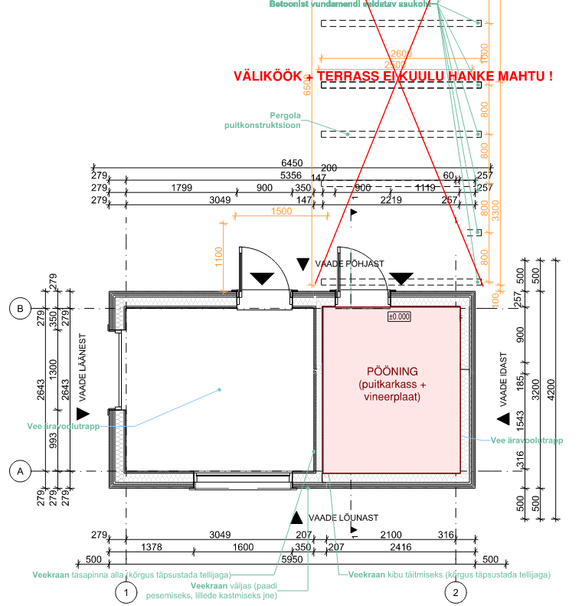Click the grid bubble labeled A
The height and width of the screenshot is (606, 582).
click(20, 471)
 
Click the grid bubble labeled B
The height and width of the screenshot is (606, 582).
click(20, 309)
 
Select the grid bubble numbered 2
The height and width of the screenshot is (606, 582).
click(456, 591)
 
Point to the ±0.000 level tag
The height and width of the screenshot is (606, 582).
click(399, 316)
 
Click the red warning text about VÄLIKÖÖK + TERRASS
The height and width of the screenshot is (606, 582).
click(393, 77)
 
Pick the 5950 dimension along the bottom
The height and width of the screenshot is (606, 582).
click(290, 559)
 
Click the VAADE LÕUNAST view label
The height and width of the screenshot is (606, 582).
click(343, 518)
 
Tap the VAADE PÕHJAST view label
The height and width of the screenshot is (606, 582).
click(349, 264)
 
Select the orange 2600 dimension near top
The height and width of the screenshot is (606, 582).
click(401, 53)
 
